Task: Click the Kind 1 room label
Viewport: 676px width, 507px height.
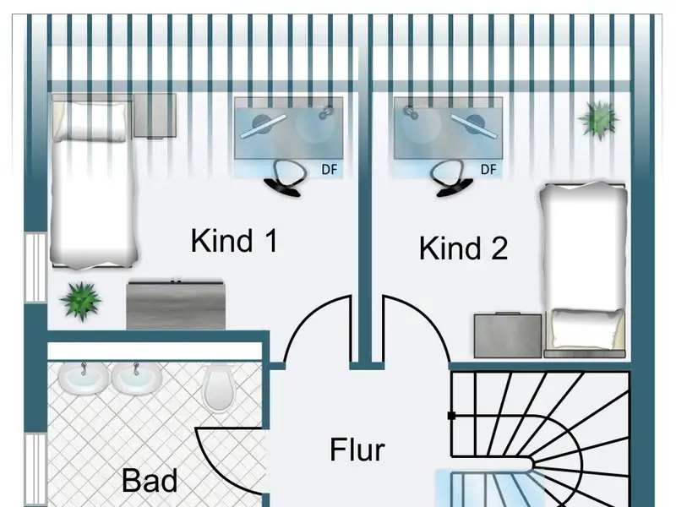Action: click(x=234, y=241)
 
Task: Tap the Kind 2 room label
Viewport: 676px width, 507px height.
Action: click(x=463, y=248)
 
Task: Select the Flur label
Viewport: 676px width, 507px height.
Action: click(x=357, y=450)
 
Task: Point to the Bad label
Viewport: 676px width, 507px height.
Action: click(x=150, y=481)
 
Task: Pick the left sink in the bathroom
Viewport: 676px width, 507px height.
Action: click(x=84, y=378)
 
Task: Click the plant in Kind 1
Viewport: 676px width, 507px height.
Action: click(x=80, y=300)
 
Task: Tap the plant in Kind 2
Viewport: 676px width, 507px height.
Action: click(x=598, y=117)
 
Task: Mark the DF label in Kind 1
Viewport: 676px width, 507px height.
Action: click(x=330, y=169)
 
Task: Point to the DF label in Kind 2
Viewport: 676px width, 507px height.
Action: click(x=488, y=169)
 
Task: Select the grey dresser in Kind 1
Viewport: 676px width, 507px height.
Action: click(x=177, y=304)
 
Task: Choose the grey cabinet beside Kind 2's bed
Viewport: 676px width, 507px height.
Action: click(x=508, y=335)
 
